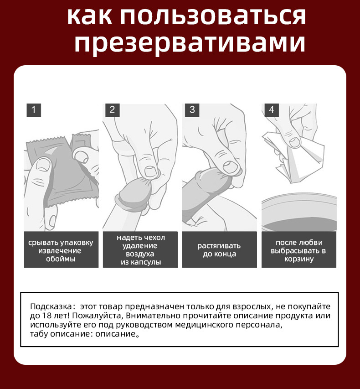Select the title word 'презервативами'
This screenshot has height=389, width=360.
coord(189,44)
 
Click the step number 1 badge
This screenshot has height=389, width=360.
coord(34,110)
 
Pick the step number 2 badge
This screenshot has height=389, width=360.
coord(112,110)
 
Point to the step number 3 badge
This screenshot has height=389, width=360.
coord(192,110)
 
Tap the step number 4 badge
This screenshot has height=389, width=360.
coord(271,110)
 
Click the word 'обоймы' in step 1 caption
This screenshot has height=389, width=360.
coord(61,259)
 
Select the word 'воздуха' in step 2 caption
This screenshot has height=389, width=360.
coord(141,254)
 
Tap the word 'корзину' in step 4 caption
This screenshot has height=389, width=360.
coord(298,259)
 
